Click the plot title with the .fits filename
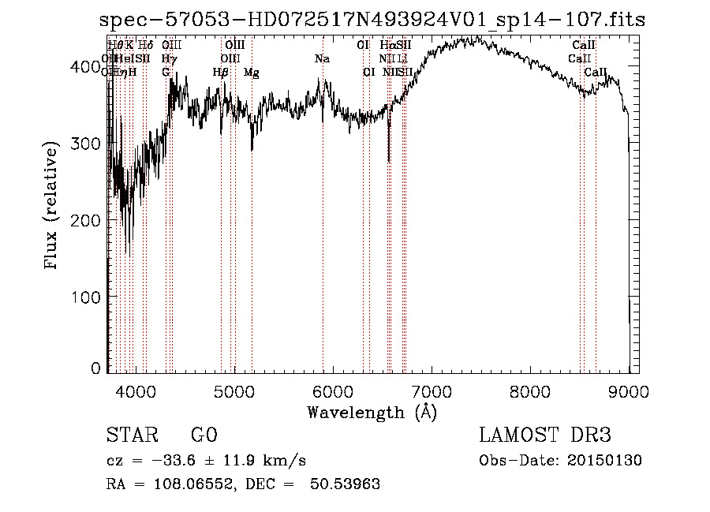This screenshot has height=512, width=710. pos(372,21)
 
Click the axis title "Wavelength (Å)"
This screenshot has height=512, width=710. pos(372,412)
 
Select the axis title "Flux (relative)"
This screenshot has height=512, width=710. pos(53,207)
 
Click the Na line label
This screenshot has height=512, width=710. pos(322,59)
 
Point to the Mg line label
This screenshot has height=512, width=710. pos(251,73)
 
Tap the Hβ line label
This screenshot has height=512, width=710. pos(221,73)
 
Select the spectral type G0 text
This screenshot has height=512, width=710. pos(204,435)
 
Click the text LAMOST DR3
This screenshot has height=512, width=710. pos(545,435)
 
